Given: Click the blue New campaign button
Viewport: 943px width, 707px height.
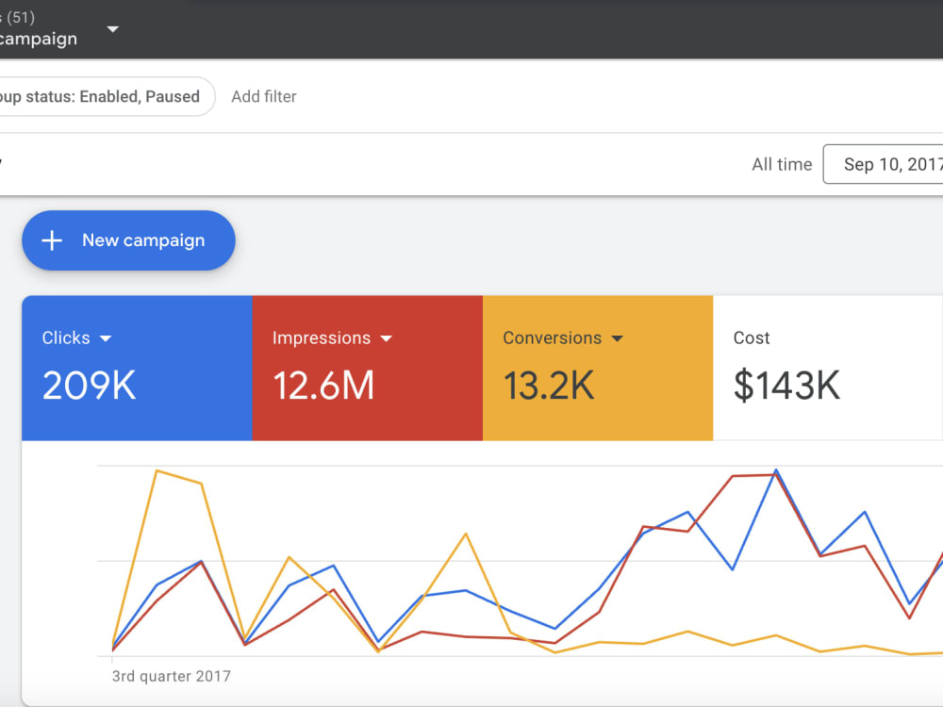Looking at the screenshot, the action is [128, 240].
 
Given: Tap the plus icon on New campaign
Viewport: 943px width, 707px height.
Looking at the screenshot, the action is [52, 240].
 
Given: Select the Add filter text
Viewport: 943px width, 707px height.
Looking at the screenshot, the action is [264, 97].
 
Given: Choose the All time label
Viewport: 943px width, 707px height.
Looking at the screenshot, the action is [782, 164].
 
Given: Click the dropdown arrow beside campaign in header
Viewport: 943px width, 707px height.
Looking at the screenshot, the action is [112, 29].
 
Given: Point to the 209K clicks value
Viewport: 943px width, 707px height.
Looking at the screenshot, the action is [89, 386].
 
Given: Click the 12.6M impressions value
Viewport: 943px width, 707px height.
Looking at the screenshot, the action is [323, 386].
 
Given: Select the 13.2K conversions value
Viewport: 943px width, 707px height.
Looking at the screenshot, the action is [549, 386].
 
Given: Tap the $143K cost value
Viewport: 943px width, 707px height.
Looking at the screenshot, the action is [786, 386].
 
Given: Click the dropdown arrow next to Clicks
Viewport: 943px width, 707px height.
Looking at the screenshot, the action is [106, 338].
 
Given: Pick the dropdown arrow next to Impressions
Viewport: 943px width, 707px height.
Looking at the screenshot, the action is [386, 338].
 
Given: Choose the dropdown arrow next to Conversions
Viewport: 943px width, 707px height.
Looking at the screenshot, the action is [617, 338].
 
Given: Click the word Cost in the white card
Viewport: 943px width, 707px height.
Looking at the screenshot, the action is [752, 337].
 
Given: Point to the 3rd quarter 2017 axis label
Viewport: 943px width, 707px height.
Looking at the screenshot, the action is [172, 676].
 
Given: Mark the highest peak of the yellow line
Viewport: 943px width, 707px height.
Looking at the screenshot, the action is [157, 470].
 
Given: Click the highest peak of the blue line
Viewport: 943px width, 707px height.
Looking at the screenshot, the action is [776, 470].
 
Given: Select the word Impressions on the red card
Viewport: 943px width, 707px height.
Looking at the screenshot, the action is [322, 338].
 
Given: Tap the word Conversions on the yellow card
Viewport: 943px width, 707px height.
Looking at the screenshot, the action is [552, 337].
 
